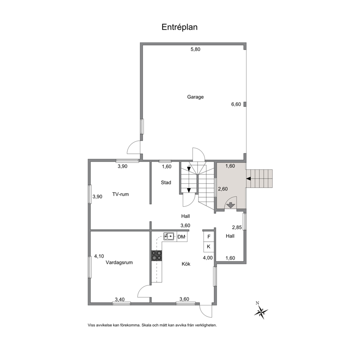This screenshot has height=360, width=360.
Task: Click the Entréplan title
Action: (180, 27)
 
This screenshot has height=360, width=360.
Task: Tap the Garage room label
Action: (195, 97)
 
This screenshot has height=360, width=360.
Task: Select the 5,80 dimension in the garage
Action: (195, 49)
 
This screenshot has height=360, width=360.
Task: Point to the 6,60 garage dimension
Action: (236, 104)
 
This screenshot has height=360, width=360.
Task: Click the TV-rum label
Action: (120, 194)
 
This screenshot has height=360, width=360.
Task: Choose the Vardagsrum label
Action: (119, 262)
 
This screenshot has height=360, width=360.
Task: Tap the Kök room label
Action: (186, 264)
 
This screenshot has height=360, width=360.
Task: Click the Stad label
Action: (166, 183)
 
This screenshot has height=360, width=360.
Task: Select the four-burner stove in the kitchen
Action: (156, 255)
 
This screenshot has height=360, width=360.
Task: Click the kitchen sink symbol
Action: (168, 236)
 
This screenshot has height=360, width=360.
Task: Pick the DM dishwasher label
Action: (181, 237)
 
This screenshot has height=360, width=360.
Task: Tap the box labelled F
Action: (209, 237)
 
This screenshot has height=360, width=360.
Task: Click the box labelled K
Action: (209, 247)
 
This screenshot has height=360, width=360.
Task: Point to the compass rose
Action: (261, 312)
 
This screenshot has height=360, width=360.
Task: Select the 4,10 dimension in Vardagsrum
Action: (99, 256)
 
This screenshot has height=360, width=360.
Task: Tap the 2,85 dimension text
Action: (237, 228)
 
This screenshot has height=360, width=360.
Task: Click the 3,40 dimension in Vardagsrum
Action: (120, 299)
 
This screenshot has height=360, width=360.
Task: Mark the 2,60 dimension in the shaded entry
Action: (223, 189)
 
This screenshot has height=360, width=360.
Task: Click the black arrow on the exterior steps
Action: (249, 179)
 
